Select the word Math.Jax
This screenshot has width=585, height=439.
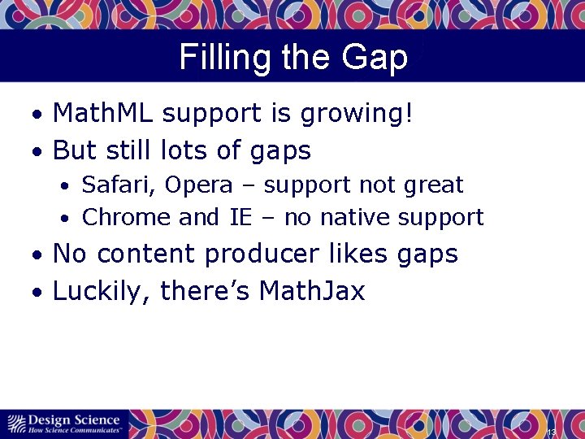(312, 290)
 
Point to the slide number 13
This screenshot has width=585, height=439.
(551, 432)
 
